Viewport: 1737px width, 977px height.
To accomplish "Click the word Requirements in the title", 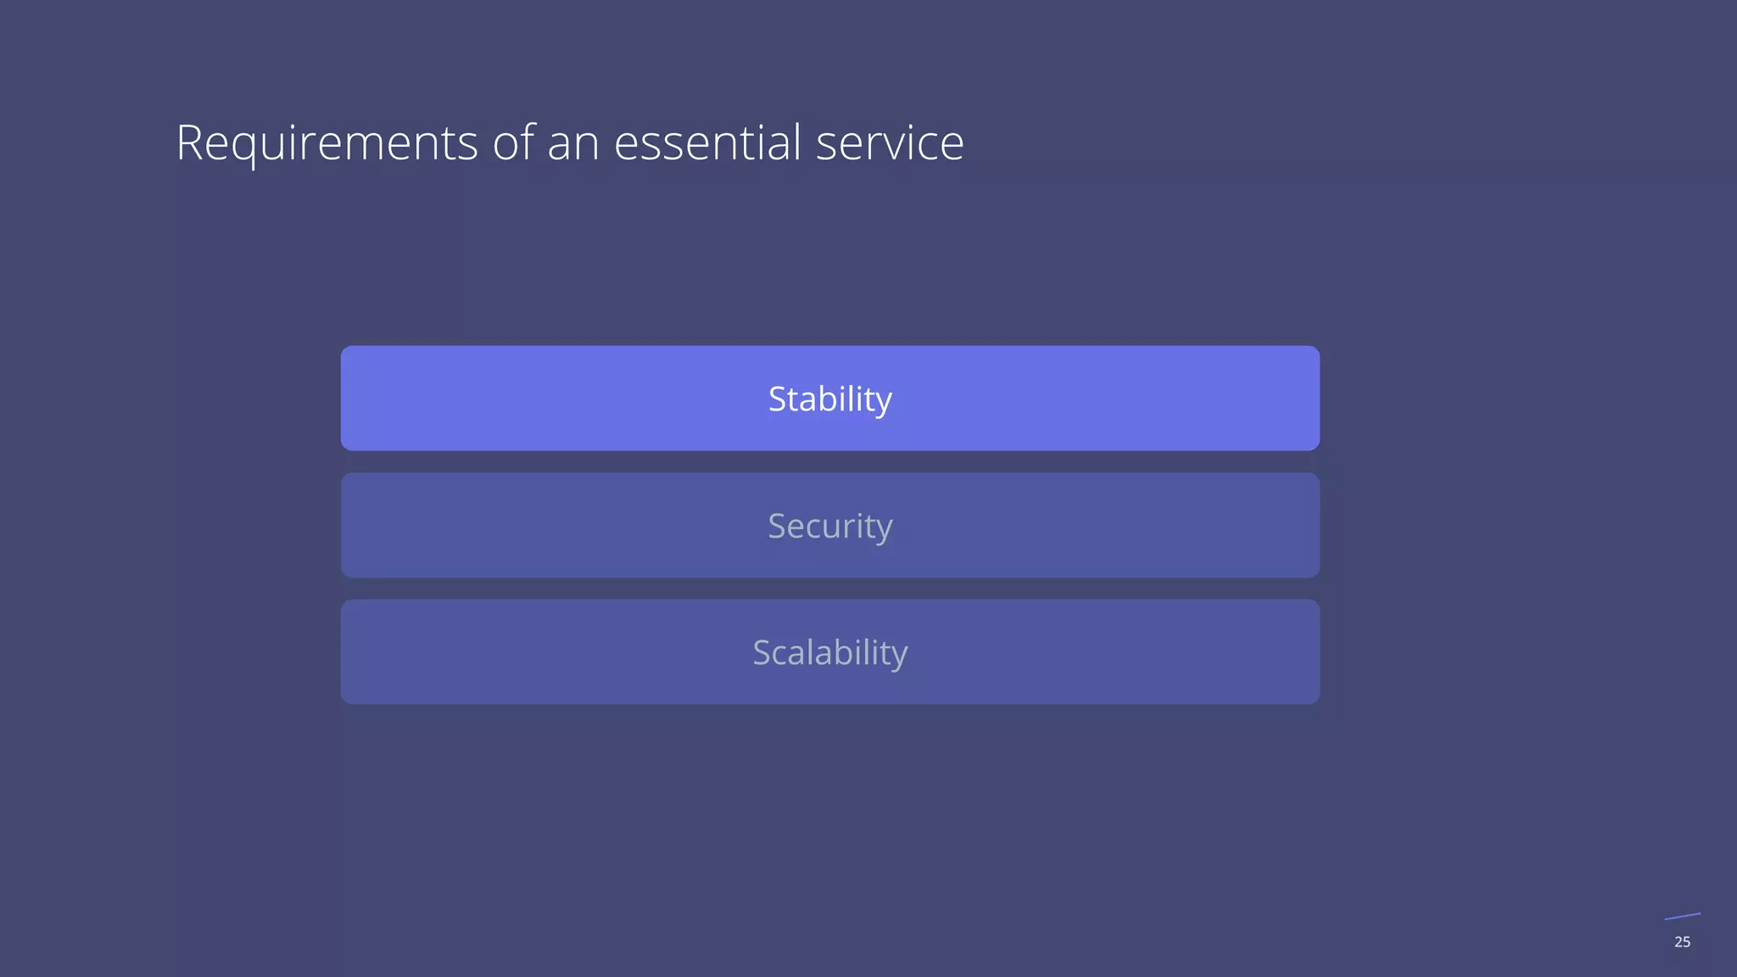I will tap(327, 142).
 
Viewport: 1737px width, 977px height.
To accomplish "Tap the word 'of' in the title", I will tap(513, 142).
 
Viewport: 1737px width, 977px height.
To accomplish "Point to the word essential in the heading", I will tap(707, 142).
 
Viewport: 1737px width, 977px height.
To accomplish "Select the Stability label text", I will tap(829, 399).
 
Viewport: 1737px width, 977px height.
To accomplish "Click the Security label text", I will tap(829, 527).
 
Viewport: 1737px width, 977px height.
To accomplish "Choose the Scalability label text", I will tap(829, 653).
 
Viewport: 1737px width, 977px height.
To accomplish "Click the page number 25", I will tap(1682, 942).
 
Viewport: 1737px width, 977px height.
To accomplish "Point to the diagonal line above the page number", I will tap(1682, 916).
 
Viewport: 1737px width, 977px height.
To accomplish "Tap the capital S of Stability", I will tap(777, 399).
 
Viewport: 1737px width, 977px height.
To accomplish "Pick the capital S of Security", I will tap(777, 527).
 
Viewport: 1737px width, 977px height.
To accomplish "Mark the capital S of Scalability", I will tap(762, 653).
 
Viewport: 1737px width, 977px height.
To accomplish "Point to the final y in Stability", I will tap(883, 403).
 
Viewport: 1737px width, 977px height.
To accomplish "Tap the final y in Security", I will tap(883, 530).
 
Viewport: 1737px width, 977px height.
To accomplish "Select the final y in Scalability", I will tap(898, 656).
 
